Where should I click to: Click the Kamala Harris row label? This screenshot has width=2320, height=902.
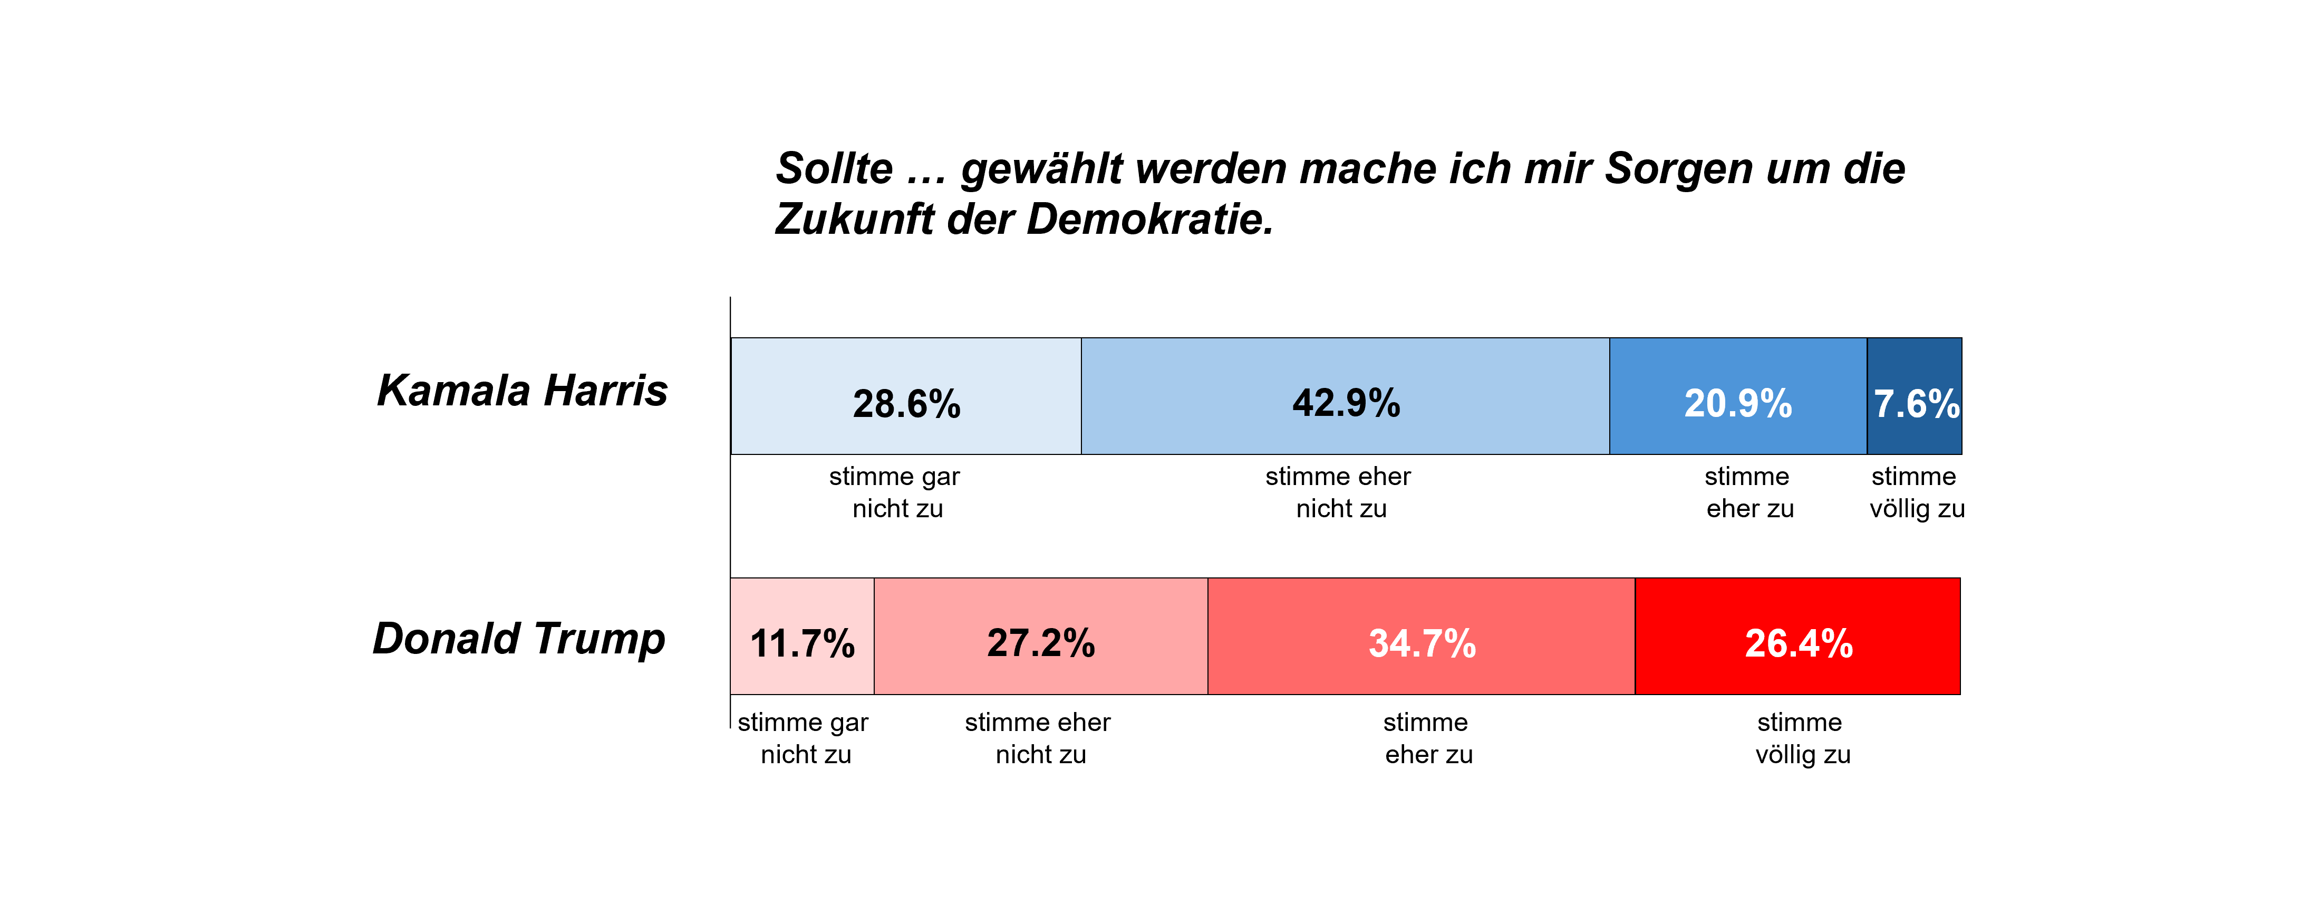[523, 391]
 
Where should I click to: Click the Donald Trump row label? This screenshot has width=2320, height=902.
[519, 639]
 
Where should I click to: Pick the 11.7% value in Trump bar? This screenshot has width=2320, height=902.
[801, 643]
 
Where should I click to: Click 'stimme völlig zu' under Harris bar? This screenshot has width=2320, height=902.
[1916, 492]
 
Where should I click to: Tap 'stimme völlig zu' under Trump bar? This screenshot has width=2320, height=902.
[1801, 738]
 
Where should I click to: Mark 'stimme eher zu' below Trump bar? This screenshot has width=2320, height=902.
[1427, 738]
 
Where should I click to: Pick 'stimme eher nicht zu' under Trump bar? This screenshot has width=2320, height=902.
[1038, 738]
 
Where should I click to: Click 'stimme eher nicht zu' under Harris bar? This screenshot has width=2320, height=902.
[1339, 492]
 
